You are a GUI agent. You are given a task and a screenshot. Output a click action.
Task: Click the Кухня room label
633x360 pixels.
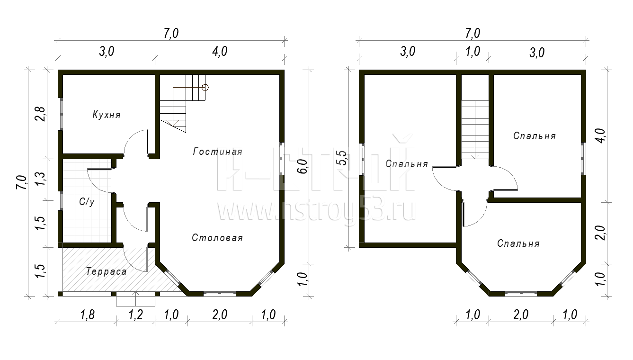pos(107,115)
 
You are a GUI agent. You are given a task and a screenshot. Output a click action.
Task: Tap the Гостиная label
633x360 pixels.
pos(218,152)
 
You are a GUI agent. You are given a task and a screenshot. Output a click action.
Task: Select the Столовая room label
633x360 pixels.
pos(217,238)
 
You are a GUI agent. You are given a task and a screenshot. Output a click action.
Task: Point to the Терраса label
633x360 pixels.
pos(106,271)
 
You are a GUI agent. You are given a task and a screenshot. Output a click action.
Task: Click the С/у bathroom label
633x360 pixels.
pos(87,202)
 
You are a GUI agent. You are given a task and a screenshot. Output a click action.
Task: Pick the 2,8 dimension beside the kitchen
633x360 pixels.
pos(40,114)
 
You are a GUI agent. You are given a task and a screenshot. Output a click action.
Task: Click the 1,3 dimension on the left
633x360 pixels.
pos(40,179)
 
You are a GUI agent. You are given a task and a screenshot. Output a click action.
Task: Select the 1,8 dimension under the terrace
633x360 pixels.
pos(87,315)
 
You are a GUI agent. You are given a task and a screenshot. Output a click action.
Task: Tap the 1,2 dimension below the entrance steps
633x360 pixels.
pos(135,315)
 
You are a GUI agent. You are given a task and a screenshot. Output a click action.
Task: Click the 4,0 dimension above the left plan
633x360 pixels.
pos(220,52)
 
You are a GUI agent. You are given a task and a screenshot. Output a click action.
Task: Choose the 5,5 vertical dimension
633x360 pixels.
pos(342,158)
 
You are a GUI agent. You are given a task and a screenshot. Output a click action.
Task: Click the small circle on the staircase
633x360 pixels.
pos(205,88)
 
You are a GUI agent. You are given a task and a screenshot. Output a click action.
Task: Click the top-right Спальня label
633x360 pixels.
pos(535,136)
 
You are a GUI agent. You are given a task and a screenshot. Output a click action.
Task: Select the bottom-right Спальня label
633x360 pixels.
pos(518,243)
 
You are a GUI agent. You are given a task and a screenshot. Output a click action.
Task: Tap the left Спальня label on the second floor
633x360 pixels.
pos(407,164)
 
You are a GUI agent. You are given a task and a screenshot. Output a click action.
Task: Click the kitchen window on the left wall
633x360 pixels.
pos(60,114)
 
